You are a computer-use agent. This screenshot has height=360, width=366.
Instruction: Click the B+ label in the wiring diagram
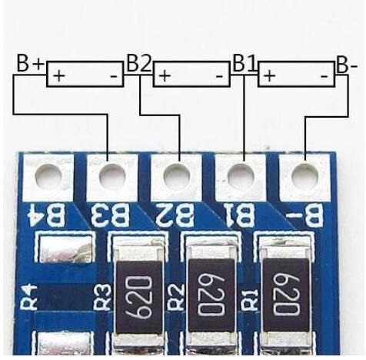pyautogui.click(x=31, y=63)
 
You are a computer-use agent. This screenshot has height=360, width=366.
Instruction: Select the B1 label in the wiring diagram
pyautogui.click(x=245, y=62)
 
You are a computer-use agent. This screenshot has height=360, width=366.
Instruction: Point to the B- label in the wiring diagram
pyautogui.click(x=347, y=65)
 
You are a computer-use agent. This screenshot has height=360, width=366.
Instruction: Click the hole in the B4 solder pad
pyautogui.click(x=48, y=176)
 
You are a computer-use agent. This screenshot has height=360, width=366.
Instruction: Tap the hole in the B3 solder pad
pyautogui.click(x=112, y=176)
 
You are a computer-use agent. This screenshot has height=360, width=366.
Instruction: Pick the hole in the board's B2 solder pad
pyautogui.click(x=177, y=176)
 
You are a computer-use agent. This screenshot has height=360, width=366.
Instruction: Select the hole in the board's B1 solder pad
pyautogui.click(x=241, y=176)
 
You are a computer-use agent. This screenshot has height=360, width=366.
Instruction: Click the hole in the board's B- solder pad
pyautogui.click(x=305, y=176)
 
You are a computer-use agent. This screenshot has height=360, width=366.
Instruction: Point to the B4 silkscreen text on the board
pyautogui.click(x=48, y=215)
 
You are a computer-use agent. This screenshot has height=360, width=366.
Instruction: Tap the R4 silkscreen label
pyautogui.click(x=28, y=297)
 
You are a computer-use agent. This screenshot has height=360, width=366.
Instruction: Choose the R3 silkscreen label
pyautogui.click(x=103, y=297)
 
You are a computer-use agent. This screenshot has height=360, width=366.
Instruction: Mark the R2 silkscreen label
pyautogui.click(x=176, y=297)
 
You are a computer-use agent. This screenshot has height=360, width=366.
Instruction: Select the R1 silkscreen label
pyautogui.click(x=249, y=297)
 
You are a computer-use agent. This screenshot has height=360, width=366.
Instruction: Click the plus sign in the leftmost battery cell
pyautogui.click(x=59, y=76)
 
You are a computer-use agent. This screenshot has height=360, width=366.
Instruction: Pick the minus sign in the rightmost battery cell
pyautogui.click(x=324, y=76)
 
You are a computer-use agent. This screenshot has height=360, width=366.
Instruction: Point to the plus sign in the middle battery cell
pyautogui.click(x=165, y=76)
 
